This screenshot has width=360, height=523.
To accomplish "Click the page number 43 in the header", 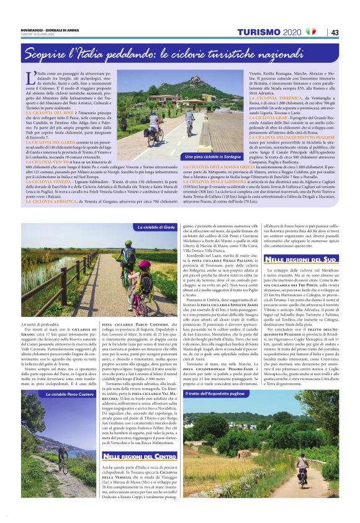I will point(335,32).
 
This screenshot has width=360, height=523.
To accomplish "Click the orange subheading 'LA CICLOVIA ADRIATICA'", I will point(50,202).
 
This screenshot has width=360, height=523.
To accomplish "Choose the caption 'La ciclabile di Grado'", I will point(156,229).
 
